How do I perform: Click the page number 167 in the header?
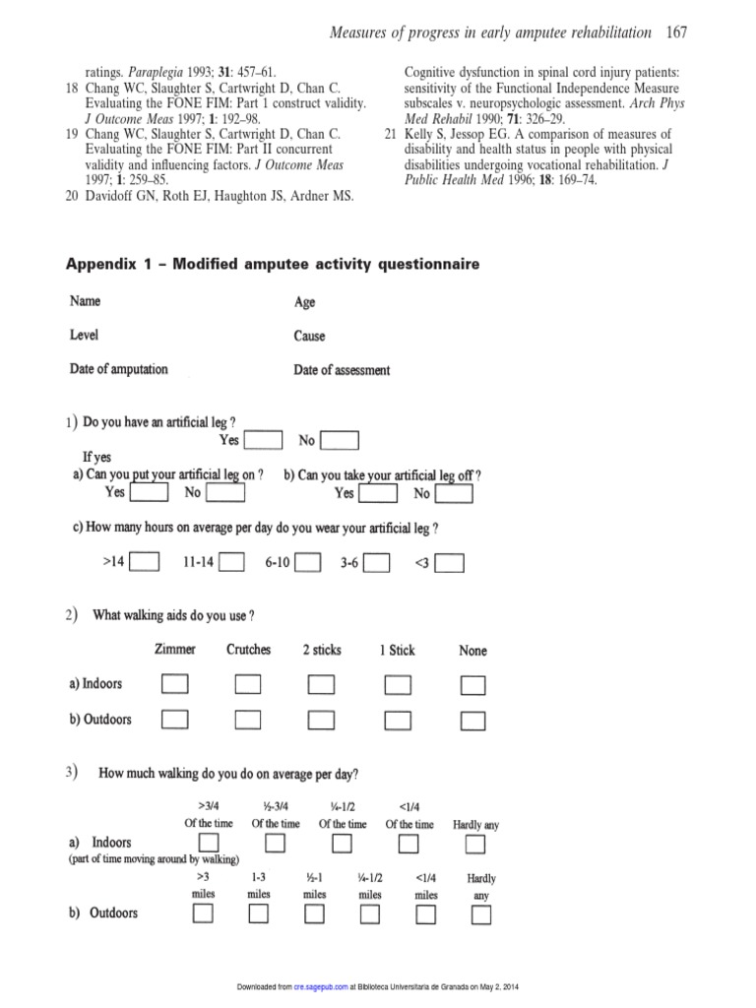pos(676,32)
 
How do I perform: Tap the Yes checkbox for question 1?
pos(263,441)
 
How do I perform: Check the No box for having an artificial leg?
pos(340,441)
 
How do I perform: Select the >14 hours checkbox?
pos(145,563)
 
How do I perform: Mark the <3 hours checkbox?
pos(450,563)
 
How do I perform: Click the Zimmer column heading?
pos(175,650)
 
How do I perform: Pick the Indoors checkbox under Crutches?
pos(248,684)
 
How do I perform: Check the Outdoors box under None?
pos(473,721)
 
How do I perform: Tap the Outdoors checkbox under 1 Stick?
pos(398,721)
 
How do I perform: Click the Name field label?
pos(85,300)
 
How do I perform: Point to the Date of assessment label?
pos(342,370)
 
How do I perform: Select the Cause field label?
pos(309,336)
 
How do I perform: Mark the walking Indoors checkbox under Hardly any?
pos(475,845)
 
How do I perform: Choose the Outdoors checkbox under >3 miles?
pos(203,914)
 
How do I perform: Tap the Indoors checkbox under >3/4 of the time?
pos(209,844)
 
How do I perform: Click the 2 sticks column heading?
pos(322,650)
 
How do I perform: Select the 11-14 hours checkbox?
pos(231,563)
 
